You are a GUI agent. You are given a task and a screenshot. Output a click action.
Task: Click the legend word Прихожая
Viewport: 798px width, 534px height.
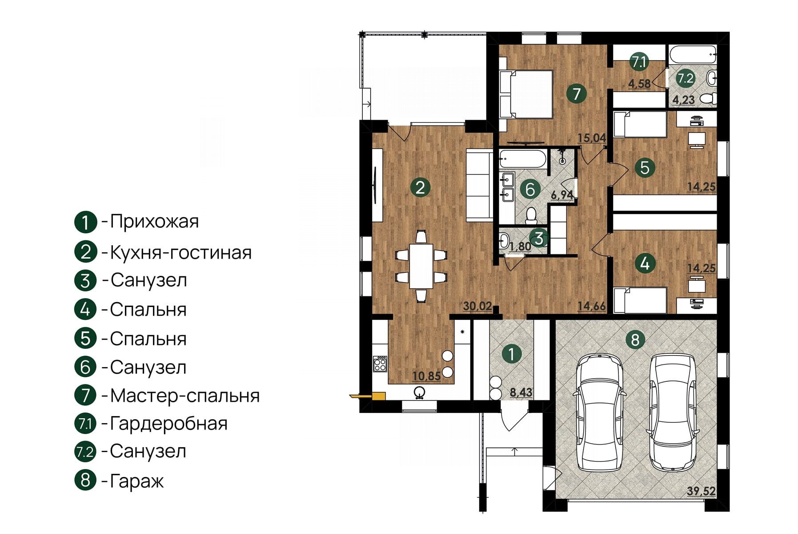(x=154, y=221)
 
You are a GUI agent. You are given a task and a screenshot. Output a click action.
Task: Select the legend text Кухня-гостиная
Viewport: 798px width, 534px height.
(x=180, y=253)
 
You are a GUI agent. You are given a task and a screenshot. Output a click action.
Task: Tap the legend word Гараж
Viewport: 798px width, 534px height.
(x=137, y=481)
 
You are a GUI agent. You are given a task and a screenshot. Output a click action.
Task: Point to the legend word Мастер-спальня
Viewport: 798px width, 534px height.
(x=184, y=396)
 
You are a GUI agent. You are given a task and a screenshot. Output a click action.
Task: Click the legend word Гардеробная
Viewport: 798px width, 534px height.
(x=168, y=423)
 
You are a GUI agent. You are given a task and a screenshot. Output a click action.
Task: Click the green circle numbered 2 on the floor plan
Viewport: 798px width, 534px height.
(x=420, y=187)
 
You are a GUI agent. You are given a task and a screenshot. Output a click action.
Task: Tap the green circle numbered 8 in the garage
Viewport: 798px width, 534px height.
(x=635, y=340)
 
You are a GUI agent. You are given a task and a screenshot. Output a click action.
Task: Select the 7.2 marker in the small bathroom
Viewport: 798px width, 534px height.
(x=685, y=78)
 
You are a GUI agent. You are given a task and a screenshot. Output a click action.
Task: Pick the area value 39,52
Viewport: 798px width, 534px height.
(x=701, y=491)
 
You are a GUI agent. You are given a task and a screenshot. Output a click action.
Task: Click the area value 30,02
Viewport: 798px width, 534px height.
(x=477, y=306)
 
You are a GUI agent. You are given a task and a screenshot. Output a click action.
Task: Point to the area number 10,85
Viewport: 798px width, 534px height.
(x=426, y=376)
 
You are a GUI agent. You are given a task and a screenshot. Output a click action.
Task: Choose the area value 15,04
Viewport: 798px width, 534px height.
(x=592, y=138)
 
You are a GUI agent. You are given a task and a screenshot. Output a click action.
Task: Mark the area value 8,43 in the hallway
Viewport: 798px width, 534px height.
(x=521, y=392)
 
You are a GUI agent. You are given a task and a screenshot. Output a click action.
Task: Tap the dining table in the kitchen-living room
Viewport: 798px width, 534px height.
(x=421, y=266)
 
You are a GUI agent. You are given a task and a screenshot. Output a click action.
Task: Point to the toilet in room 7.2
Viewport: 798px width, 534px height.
(x=707, y=98)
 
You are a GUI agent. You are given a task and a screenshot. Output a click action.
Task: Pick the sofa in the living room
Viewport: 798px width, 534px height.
(x=479, y=185)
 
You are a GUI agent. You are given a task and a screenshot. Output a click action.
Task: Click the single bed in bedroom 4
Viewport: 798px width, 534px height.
(x=640, y=300)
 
